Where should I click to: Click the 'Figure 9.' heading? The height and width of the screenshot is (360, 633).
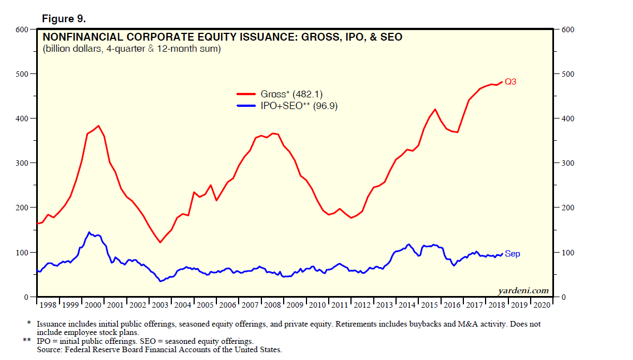click(63, 19)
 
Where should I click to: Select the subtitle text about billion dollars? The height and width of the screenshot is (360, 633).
click(131, 50)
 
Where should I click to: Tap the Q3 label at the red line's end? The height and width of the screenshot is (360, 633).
click(510, 82)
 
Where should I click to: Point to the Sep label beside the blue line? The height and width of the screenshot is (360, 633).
click(512, 254)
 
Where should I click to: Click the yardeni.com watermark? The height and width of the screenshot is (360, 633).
click(523, 290)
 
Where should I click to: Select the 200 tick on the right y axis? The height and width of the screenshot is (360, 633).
click(567, 208)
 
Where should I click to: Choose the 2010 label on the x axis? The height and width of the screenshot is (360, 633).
click(318, 305)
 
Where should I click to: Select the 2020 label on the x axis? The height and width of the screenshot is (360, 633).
click(541, 305)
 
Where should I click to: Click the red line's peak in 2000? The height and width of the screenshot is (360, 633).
click(98, 126)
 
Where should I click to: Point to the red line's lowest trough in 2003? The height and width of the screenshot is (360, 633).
click(160, 242)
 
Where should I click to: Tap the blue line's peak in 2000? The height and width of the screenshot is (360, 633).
click(89, 232)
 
